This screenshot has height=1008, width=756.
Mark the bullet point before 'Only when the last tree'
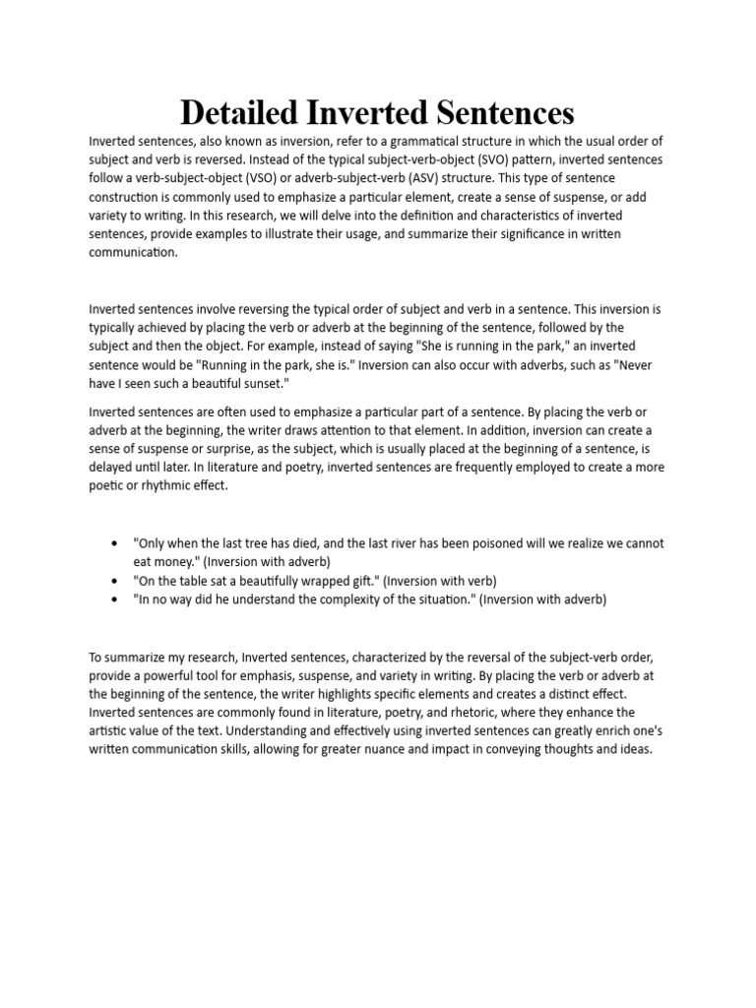(x=116, y=543)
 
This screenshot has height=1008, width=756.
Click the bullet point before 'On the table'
(x=116, y=581)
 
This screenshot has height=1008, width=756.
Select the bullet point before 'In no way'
(x=116, y=599)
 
